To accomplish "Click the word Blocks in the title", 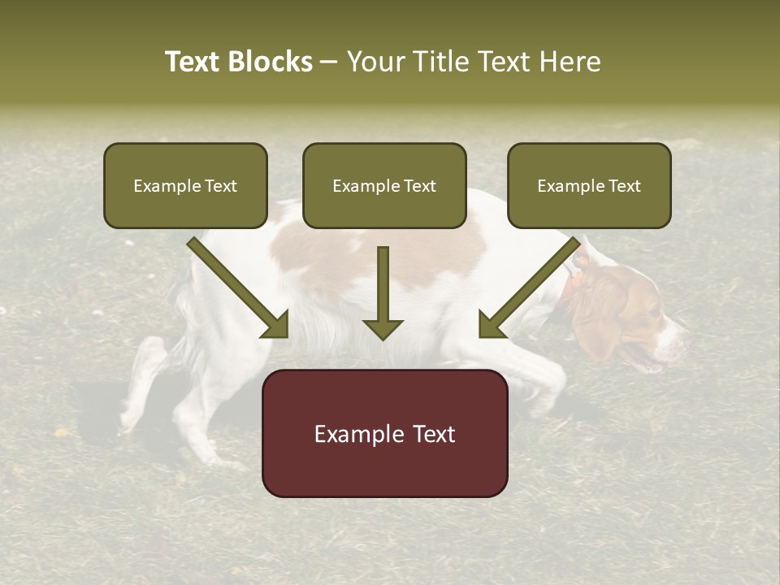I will [x=270, y=62].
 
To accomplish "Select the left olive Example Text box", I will [x=185, y=185].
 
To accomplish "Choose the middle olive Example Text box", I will [x=384, y=185].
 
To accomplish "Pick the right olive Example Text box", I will [x=589, y=185].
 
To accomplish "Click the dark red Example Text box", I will [x=384, y=433].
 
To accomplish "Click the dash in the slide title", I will [x=329, y=63].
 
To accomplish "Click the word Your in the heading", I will [x=376, y=62].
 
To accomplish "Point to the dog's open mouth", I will [x=642, y=357].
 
